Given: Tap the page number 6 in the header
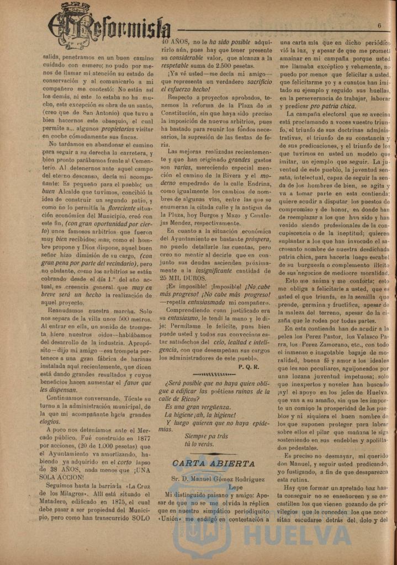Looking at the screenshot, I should point(380,25).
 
